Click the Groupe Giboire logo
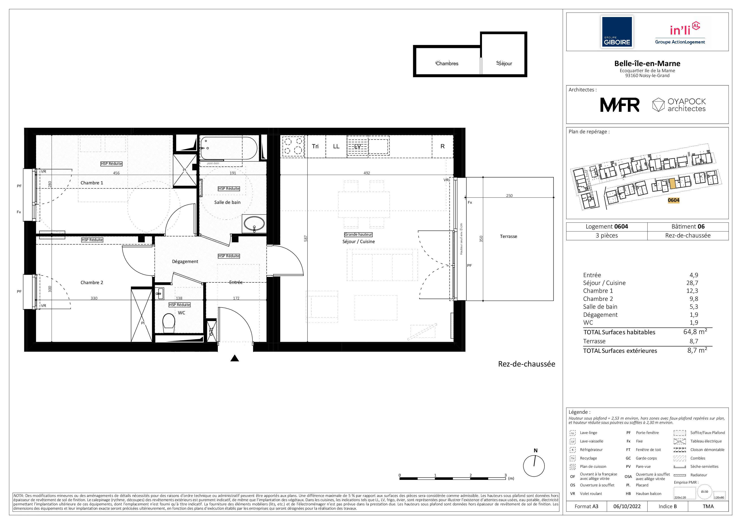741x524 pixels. tap(617, 32)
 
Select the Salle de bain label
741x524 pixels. tap(227, 202)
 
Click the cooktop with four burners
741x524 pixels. tap(293, 146)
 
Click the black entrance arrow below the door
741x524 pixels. tap(235, 358)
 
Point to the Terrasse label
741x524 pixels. tap(508, 237)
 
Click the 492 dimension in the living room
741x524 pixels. tap(367, 173)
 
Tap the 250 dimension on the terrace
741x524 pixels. tap(509, 196)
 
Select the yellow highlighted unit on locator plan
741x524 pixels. tap(672, 184)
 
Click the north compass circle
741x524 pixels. tap(534, 466)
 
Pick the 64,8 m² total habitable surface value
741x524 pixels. tap(695, 332)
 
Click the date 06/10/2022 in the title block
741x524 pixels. tap(627, 506)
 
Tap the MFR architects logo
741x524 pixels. tap(620, 105)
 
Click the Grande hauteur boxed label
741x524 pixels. tap(358, 235)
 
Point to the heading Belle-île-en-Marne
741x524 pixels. tap(647, 64)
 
